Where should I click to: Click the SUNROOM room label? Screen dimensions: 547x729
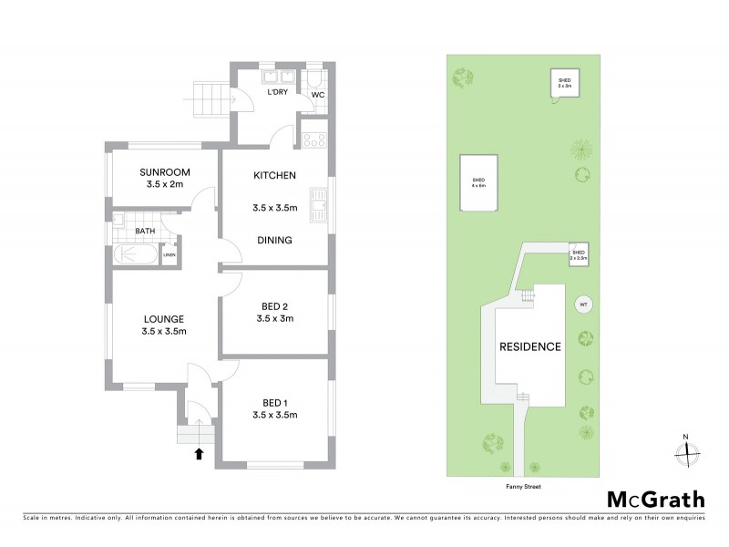[164, 172]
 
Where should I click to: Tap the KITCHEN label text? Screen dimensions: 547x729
[274, 175]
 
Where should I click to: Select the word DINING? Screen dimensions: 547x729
[273, 241]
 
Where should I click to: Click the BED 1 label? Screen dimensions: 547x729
[274, 402]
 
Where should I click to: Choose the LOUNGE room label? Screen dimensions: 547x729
[164, 319]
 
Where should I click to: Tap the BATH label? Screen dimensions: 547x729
[145, 232]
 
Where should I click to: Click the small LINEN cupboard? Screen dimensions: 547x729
[169, 255]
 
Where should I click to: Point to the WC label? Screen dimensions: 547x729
[318, 94]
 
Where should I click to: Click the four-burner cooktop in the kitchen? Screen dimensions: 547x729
[314, 140]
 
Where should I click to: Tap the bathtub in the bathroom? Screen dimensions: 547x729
[136, 255]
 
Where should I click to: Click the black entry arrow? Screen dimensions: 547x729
[199, 453]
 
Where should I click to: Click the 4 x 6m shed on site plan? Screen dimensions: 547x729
[477, 182]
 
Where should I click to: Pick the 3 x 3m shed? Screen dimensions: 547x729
[564, 83]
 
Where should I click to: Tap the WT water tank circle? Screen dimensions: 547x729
[582, 305]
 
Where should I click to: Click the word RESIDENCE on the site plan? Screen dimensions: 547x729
[529, 347]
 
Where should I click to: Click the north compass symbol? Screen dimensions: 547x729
[687, 449]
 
